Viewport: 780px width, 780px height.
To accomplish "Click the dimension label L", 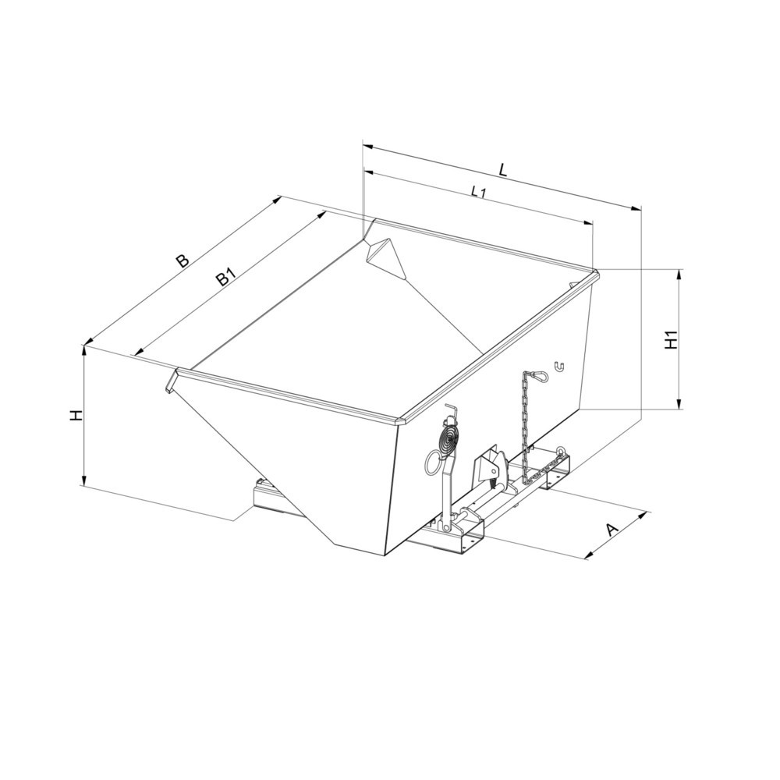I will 503,168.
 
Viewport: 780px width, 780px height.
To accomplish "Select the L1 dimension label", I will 478,192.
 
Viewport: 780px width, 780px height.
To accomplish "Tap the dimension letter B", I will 182,261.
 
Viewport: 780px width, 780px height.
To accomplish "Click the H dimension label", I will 75,416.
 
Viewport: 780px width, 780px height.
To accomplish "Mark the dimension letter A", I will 612,530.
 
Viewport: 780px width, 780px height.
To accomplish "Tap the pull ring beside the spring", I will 433,463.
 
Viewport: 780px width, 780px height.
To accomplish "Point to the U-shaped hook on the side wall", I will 559,365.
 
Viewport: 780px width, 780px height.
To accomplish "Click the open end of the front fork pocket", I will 468,540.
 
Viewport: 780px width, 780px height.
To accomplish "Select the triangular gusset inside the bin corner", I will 384,255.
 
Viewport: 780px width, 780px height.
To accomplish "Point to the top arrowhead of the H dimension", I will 83,349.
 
